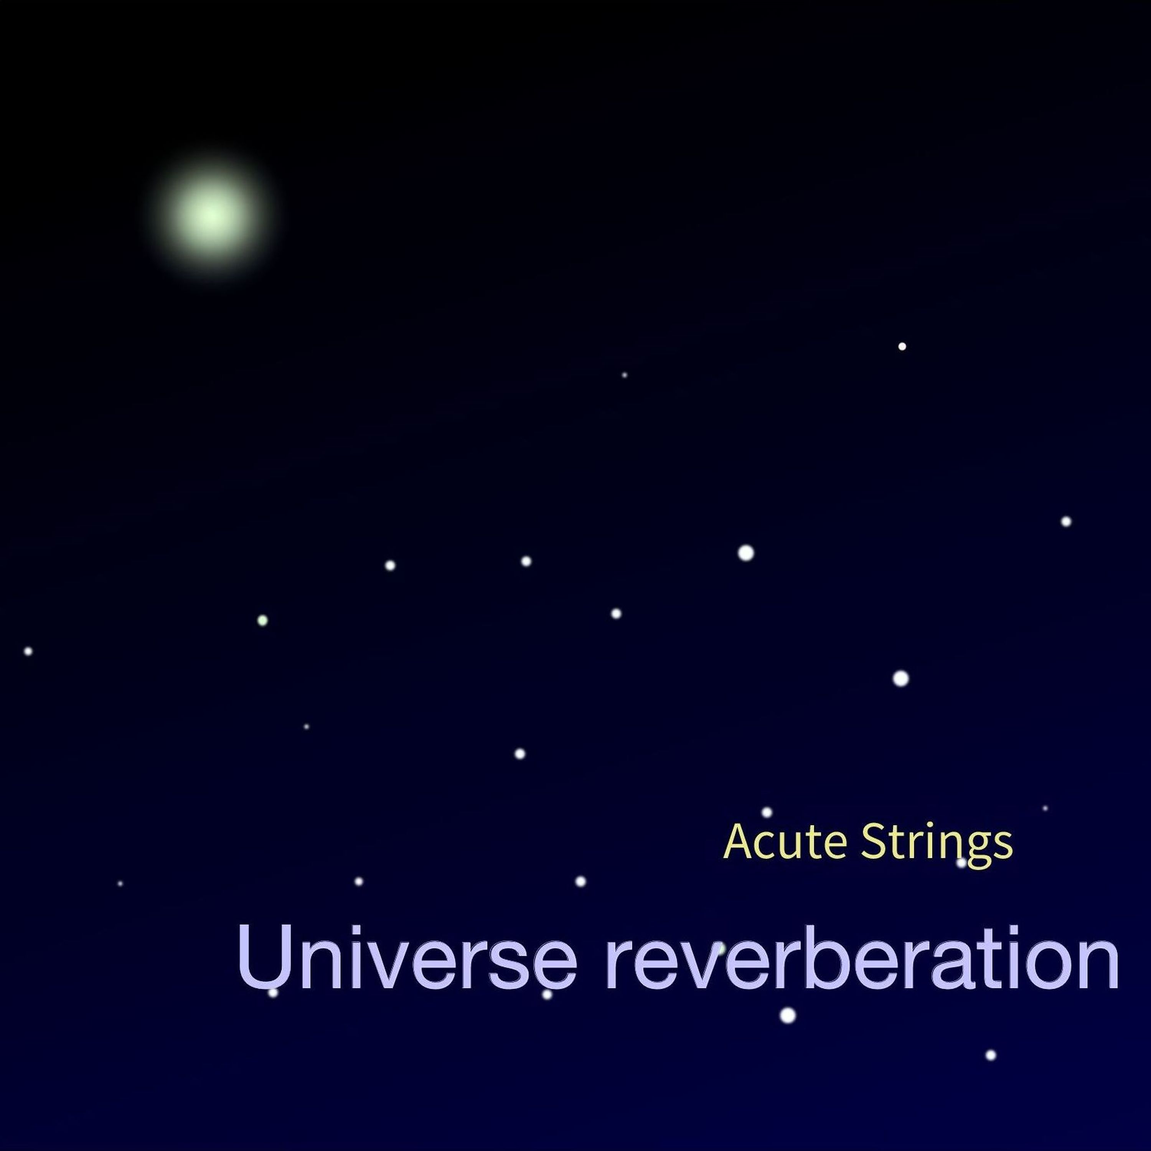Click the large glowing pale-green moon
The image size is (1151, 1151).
click(211, 215)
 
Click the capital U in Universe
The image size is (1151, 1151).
click(264, 957)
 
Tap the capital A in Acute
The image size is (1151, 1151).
click(739, 842)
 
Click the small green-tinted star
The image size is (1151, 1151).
click(262, 620)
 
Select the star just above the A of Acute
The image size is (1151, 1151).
click(767, 812)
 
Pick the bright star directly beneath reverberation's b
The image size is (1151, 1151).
click(788, 1014)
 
